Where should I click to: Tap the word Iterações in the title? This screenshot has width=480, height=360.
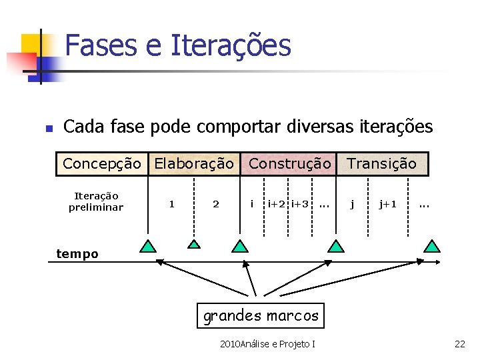[x=231, y=45]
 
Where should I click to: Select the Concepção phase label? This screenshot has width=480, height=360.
[x=101, y=163]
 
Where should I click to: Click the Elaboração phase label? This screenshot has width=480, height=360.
[x=194, y=163]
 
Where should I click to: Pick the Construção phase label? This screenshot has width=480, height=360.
[x=289, y=163]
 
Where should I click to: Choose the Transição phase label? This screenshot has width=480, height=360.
[x=381, y=163]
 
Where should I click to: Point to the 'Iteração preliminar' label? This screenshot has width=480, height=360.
[x=96, y=201]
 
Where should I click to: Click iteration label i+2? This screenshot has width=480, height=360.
[x=277, y=204]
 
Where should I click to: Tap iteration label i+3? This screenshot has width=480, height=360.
[x=300, y=204]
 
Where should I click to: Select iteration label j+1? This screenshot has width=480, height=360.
[x=387, y=204]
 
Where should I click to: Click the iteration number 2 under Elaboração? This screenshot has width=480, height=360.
[x=215, y=204]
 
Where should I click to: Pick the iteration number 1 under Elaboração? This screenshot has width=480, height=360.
[x=172, y=204]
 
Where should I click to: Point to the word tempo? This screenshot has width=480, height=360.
[x=77, y=253]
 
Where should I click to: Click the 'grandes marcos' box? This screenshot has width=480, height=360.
[x=261, y=315]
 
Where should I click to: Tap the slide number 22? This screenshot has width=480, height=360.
[x=459, y=344]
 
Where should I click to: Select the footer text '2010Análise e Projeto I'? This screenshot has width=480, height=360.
[x=267, y=344]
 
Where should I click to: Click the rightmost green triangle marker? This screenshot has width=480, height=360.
[x=433, y=246]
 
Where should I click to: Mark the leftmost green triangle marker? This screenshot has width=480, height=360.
[x=148, y=246]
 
